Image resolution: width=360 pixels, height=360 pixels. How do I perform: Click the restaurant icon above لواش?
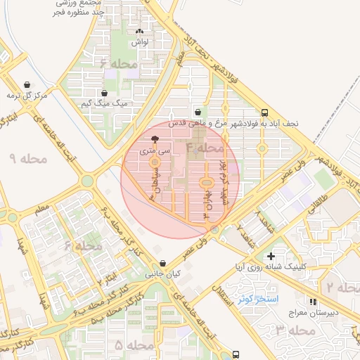pos(139,32)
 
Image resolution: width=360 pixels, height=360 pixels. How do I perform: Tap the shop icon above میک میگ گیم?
pos(105,93)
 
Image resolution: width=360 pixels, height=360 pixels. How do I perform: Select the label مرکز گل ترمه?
pos(26,94)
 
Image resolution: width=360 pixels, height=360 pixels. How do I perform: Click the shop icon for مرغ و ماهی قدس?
pos(198,112)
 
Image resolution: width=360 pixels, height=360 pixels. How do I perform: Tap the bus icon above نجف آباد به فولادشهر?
pos(264,112)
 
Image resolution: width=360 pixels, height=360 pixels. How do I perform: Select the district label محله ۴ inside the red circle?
pos(205,148)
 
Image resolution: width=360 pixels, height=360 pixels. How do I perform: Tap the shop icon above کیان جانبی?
pos(164,263)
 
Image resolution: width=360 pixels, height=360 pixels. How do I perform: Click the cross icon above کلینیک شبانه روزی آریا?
pos(271,256)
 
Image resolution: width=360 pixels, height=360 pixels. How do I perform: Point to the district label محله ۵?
pos(134,345)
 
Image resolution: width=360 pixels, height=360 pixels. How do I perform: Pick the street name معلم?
pos(42,208)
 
